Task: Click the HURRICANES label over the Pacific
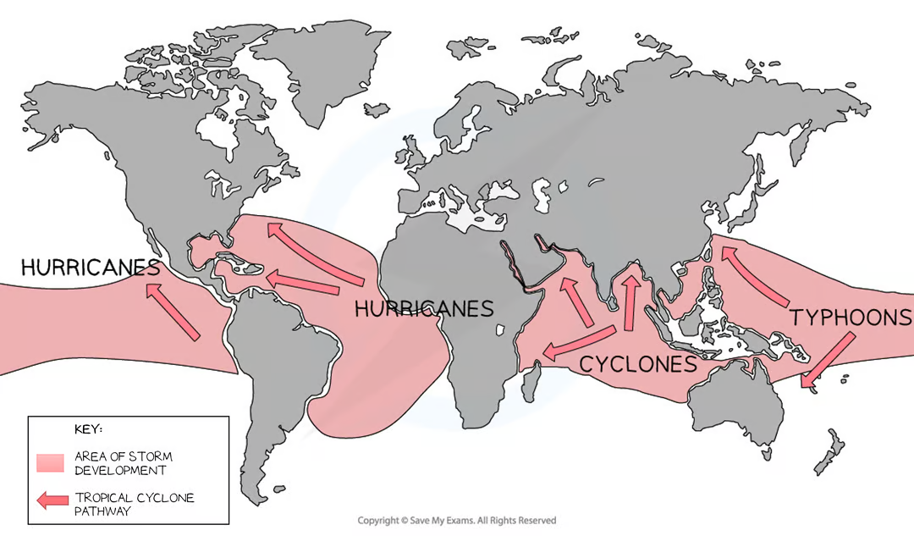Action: (90, 268)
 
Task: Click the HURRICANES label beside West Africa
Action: (424, 308)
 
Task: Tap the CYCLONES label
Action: (637, 364)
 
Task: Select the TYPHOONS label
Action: (851, 318)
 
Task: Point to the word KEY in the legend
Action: (89, 429)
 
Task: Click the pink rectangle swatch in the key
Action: (50, 463)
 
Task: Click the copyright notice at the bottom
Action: (457, 520)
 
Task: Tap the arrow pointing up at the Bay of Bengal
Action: (629, 301)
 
